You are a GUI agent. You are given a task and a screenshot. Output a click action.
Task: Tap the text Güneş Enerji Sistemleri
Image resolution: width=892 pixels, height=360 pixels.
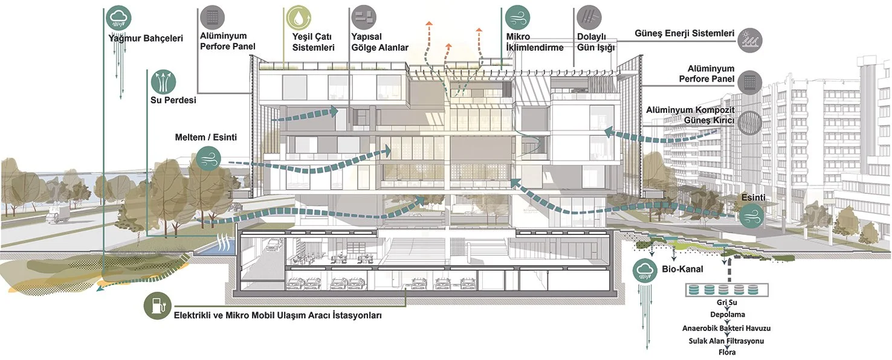tap(684, 33)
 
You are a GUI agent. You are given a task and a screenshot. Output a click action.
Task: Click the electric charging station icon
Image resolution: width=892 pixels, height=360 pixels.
tap(157, 306)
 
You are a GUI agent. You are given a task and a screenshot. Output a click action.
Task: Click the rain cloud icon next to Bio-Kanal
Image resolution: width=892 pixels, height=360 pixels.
tap(645, 270)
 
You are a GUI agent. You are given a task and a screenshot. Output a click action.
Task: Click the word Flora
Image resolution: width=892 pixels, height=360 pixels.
tap(727, 352)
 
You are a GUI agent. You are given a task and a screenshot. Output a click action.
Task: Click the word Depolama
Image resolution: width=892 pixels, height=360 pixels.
tap(727, 315)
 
